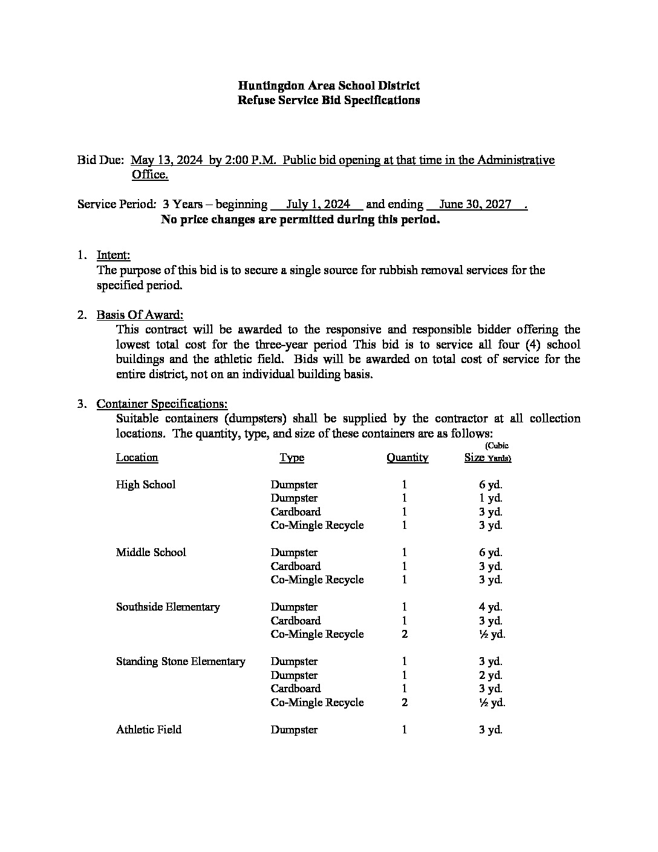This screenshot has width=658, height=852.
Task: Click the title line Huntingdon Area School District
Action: pyautogui.click(x=328, y=86)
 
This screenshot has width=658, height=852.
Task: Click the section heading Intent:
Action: pyautogui.click(x=113, y=255)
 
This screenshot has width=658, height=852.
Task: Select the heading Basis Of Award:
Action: pyautogui.click(x=140, y=315)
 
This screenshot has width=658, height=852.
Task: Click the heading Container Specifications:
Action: pyautogui.click(x=162, y=404)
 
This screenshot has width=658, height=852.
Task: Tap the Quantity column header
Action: pyautogui.click(x=407, y=457)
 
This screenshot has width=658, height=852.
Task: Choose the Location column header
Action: pyautogui.click(x=137, y=457)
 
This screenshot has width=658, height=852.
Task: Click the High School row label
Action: pyautogui.click(x=146, y=485)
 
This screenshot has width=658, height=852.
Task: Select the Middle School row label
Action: pyautogui.click(x=151, y=552)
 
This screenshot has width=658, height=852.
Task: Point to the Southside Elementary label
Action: pyautogui.click(x=168, y=607)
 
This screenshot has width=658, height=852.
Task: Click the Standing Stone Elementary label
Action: pyautogui.click(x=181, y=661)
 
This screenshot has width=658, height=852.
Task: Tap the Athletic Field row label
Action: pyautogui.click(x=149, y=730)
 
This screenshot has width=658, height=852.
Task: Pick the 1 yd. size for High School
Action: pyautogui.click(x=490, y=499)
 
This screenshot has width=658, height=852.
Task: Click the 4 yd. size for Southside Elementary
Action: pyautogui.click(x=490, y=607)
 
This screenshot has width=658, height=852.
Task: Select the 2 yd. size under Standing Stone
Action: pyautogui.click(x=490, y=675)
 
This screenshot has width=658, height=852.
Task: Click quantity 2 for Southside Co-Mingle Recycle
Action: pyautogui.click(x=404, y=634)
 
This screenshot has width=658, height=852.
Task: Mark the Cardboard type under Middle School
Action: pyautogui.click(x=296, y=566)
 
